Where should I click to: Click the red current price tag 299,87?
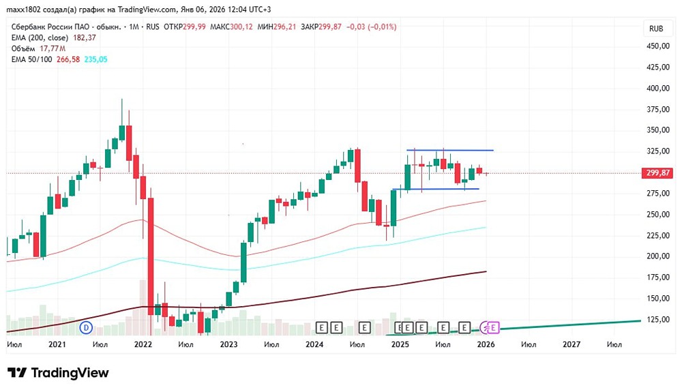pos(659,173)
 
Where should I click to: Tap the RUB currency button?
pos(657,29)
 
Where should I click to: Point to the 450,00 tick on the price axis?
pos(659,46)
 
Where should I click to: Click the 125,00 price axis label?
pos(659,319)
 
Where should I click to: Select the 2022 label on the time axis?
pos(143,345)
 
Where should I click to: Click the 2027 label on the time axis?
pos(572,345)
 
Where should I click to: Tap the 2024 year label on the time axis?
pos(314,345)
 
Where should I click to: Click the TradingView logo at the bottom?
pos(58,373)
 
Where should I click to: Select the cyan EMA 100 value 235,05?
pos(95,59)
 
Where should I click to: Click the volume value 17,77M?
pos(52,48)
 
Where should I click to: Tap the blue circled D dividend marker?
pos(86,327)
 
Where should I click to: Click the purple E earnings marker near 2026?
pos(494,327)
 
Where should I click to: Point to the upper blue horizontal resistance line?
pos(450,150)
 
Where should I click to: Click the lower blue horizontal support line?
pos(436,189)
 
